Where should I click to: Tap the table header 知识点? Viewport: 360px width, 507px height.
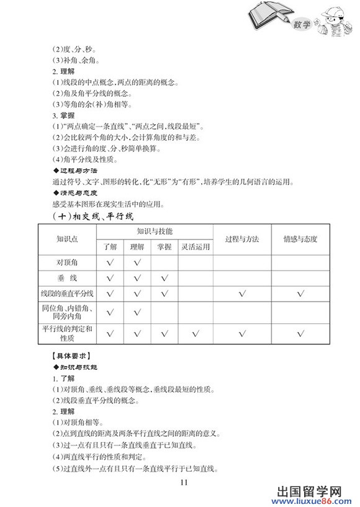[x=67, y=240]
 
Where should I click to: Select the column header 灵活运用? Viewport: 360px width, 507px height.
[x=195, y=247]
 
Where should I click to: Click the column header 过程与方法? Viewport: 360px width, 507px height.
[x=242, y=240]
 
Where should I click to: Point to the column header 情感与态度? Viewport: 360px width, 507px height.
[x=300, y=240]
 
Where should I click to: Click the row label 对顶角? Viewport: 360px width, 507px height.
[x=67, y=263]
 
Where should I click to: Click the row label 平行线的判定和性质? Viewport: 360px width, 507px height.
[x=67, y=334]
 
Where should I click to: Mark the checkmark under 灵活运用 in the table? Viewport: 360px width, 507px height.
[x=195, y=334]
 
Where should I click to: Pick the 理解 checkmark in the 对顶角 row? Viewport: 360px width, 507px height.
[x=137, y=263]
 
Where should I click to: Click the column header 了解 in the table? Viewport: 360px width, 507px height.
[x=110, y=247]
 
